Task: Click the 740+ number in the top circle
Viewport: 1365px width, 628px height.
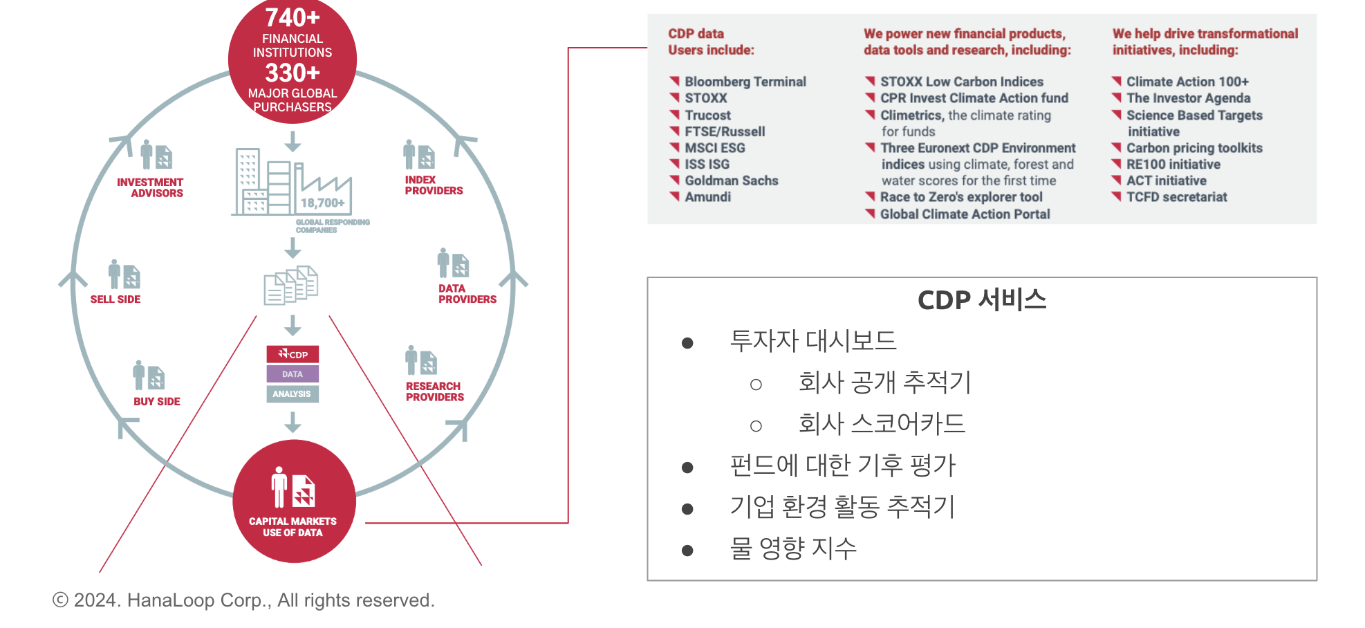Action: coord(292,17)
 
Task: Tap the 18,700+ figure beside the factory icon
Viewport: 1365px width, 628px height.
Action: coord(322,203)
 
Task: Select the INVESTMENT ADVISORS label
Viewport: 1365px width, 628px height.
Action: coord(150,187)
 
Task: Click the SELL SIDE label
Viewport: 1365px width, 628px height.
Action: coord(115,299)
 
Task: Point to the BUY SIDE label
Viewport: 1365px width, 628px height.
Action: coord(157,401)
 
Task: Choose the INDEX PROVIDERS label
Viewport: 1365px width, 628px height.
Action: coord(434,185)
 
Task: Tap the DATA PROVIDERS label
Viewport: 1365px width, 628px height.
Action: coord(467,294)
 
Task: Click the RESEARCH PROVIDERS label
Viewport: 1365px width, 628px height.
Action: coord(435,391)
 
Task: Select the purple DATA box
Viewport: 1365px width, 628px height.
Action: coord(292,374)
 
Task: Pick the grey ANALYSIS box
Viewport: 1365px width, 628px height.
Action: coord(292,394)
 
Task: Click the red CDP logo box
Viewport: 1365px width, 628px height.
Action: coord(292,354)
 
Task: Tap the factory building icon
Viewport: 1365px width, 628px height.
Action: coord(291,181)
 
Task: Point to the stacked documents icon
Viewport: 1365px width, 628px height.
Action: coord(291,285)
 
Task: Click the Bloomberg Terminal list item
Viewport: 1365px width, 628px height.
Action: coord(745,82)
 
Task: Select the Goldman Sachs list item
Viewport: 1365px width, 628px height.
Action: coord(732,181)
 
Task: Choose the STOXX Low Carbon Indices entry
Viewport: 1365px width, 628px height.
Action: coord(962,82)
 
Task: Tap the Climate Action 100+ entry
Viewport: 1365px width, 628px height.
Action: coord(1187,82)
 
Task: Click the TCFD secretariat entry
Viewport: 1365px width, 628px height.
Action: coord(1177,197)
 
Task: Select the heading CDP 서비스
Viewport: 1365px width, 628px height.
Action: coord(982,300)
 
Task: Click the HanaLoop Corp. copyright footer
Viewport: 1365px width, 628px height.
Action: coord(243,600)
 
